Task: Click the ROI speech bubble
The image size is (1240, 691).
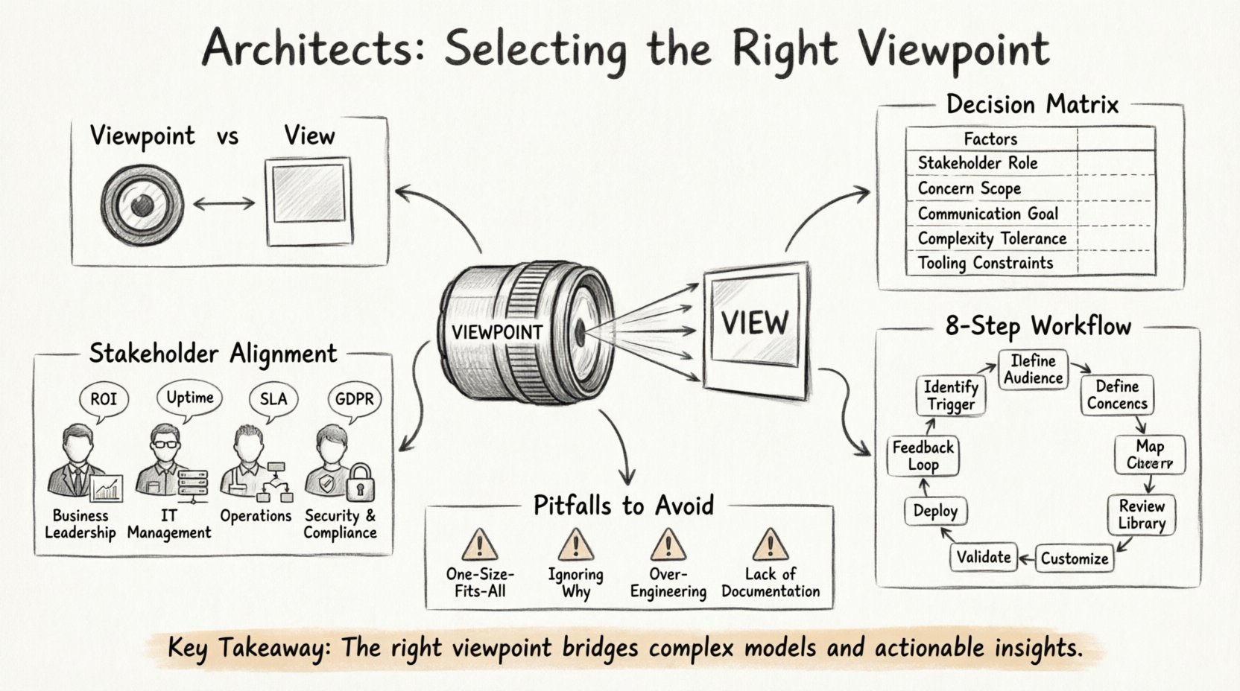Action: click(x=103, y=400)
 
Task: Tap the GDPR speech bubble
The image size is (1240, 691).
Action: click(x=354, y=400)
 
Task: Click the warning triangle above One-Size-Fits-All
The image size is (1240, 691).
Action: click(x=479, y=546)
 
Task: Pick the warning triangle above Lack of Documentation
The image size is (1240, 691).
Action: click(x=770, y=546)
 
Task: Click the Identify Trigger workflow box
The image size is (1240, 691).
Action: click(x=950, y=395)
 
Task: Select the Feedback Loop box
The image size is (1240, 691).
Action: click(x=923, y=456)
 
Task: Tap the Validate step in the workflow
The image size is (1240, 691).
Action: click(x=984, y=557)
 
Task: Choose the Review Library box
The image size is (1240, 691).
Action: click(x=1141, y=515)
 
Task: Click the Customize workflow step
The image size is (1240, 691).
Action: click(x=1074, y=558)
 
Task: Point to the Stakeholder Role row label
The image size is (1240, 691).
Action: click(x=977, y=163)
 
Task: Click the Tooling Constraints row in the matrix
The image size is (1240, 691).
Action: click(x=985, y=263)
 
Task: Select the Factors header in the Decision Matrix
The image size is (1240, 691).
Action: click(x=990, y=139)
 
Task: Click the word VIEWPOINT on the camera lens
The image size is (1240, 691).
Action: click(x=497, y=332)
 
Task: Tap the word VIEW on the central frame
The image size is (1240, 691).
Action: click(x=754, y=324)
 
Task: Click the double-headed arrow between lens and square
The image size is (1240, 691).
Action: click(x=224, y=203)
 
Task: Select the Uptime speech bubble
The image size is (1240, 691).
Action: click(x=189, y=398)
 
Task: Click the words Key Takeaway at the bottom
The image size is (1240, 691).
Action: click(x=248, y=647)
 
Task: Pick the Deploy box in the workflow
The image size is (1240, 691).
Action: click(x=934, y=511)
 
